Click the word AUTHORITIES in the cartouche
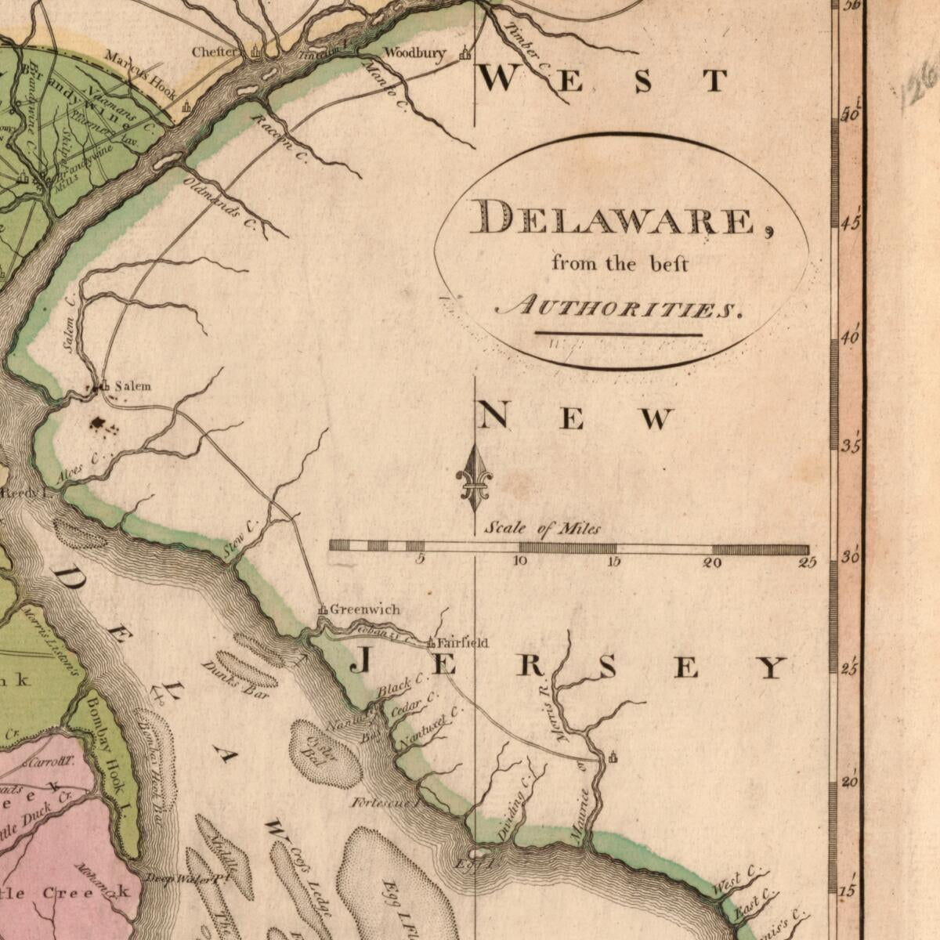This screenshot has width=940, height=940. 617,309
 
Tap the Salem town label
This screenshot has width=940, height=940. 132,386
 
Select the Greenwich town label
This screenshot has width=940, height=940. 364,609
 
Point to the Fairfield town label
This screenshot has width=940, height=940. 462,643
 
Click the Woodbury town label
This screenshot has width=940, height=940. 414,53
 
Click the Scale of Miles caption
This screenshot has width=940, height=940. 542,529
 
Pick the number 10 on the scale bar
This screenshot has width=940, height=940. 519,561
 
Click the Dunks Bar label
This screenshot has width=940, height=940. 235,680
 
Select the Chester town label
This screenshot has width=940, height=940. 215,52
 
